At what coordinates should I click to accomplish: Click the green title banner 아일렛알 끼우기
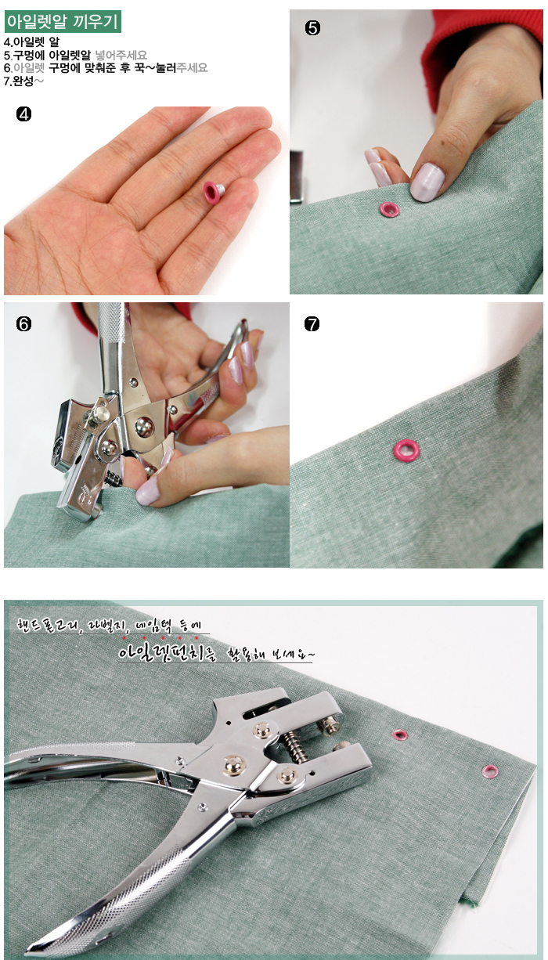tap(63, 22)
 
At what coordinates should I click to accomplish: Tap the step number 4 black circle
tap(23, 114)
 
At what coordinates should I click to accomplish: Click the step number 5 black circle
tap(312, 28)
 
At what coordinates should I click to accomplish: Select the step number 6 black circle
tap(23, 324)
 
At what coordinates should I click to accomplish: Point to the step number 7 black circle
tap(312, 324)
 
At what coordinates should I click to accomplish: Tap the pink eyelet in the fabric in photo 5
tap(390, 209)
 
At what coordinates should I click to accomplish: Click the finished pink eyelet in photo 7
tap(406, 450)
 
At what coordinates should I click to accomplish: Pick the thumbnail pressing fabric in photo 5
tap(427, 181)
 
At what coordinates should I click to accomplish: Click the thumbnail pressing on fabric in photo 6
tap(148, 489)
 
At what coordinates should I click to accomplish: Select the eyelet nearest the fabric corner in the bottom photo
tap(490, 772)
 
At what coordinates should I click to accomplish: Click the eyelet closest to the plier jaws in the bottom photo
tap(399, 734)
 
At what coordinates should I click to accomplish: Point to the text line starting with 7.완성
tap(23, 81)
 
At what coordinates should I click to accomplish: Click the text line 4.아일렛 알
tap(31, 42)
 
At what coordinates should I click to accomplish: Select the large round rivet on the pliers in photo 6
tap(144, 427)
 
